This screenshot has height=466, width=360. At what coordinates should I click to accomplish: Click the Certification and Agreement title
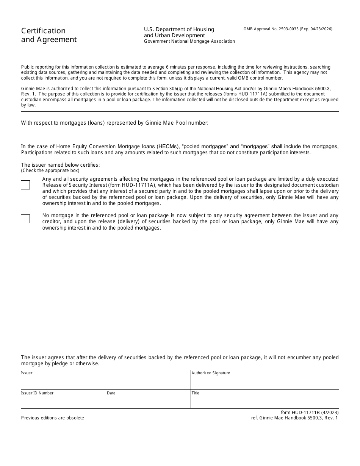[49, 35]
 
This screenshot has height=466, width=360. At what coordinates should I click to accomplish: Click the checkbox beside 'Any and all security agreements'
[25, 185]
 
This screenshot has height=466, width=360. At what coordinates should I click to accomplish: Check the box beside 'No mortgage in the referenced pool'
[25, 219]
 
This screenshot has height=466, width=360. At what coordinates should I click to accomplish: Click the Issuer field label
[27, 373]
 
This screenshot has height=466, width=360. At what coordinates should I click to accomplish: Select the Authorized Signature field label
[211, 373]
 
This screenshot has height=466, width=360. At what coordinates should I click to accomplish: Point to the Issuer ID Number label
[37, 393]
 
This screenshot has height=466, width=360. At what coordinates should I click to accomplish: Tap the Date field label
[111, 393]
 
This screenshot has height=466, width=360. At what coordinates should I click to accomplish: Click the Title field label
[196, 393]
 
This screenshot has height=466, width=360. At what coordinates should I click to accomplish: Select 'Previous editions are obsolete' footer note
[53, 418]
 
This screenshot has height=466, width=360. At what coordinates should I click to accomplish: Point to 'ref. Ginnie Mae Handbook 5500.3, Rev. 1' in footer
[294, 418]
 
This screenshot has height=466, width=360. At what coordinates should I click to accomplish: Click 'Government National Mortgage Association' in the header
[189, 41]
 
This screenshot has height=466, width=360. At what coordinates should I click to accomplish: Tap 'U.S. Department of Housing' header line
[179, 29]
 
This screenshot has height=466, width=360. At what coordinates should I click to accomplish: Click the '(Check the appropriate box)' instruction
[50, 170]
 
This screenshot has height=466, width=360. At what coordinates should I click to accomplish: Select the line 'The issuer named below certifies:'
[60, 165]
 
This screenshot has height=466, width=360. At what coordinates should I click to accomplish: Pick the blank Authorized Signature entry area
[265, 382]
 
